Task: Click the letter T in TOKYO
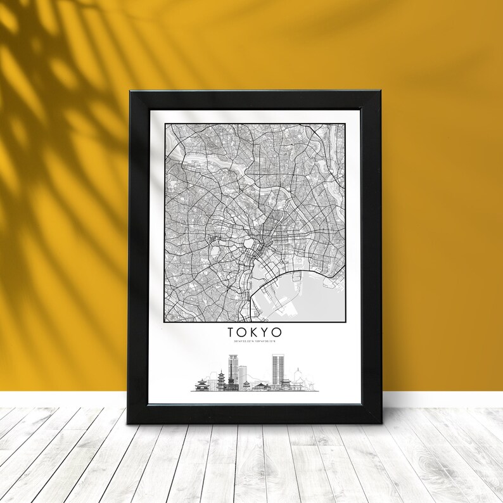230,332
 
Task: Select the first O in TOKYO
241,332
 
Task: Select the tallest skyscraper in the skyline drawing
278,369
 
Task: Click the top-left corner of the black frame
131,92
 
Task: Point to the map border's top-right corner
346,124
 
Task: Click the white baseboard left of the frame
63,399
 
